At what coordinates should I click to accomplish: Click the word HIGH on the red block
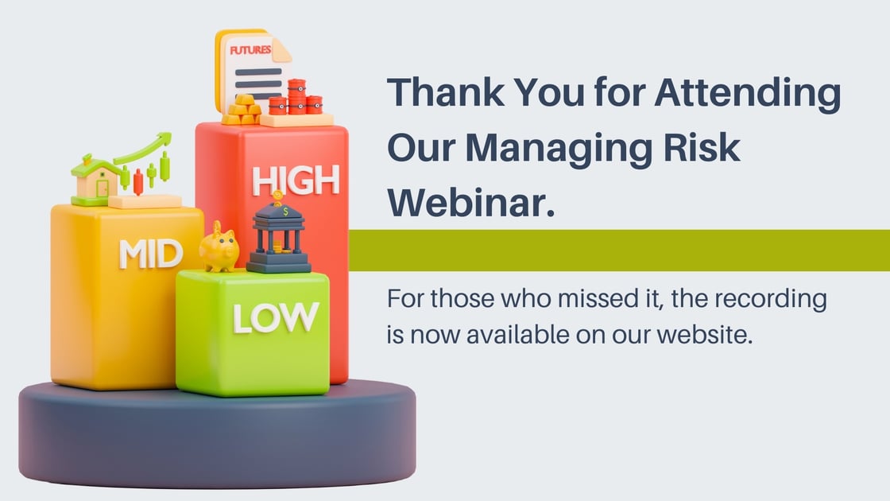tap(296, 181)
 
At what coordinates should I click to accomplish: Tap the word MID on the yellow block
tap(151, 254)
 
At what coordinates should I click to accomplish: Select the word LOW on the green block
tap(276, 317)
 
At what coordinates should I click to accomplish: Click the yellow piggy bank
tap(219, 247)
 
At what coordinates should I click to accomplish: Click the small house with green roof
tap(95, 179)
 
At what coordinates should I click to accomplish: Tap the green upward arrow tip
tap(166, 136)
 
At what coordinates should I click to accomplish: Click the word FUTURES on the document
tap(250, 51)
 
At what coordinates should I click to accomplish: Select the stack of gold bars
tap(242, 109)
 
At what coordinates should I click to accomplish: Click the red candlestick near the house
tap(138, 182)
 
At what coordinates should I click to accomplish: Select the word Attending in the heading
tap(748, 93)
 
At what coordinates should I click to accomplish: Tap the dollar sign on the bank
tap(285, 212)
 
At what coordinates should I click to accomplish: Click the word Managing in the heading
tap(559, 149)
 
